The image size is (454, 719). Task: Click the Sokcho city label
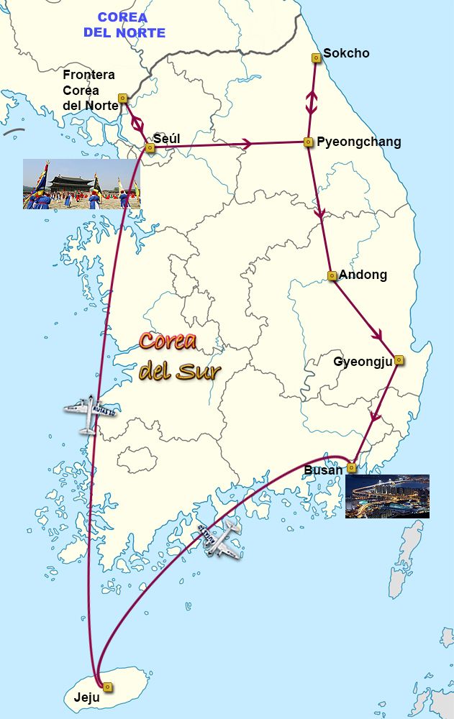tap(346, 53)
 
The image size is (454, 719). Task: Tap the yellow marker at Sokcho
tap(316, 57)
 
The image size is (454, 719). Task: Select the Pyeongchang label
tap(359, 142)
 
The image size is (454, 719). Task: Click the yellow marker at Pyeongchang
tap(308, 142)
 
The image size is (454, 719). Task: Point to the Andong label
tap(363, 275)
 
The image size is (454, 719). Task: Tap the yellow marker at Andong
tap(332, 275)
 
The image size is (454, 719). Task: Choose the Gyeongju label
tap(363, 361)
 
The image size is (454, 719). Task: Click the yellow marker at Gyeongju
tap(399, 360)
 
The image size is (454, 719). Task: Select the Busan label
tap(324, 470)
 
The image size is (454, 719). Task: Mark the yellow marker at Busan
tap(351, 467)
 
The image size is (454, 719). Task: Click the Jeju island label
tap(86, 697)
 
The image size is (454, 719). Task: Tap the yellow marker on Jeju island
tap(107, 687)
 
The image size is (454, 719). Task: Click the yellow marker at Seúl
tap(150, 148)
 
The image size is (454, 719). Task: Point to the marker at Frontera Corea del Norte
tap(122, 98)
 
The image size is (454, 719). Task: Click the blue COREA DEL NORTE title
tap(124, 24)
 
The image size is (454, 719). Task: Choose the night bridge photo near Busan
tap(387, 496)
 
